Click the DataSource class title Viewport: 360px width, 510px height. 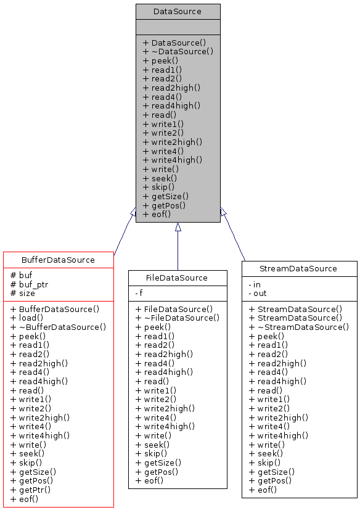pyautogui.click(x=178, y=11)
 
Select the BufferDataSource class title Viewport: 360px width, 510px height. pyautogui.click(x=58, y=260)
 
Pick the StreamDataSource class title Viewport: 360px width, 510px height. pyautogui.click(x=299, y=268)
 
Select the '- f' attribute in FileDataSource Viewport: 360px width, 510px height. pyautogui.click(x=140, y=294)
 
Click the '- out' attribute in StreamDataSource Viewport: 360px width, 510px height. pyautogui.click(x=257, y=294)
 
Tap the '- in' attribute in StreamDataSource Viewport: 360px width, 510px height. pyautogui.click(x=255, y=285)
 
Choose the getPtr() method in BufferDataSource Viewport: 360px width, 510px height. pyautogui.click(x=31, y=489)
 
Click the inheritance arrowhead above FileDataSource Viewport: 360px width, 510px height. pyautogui.click(x=178, y=227)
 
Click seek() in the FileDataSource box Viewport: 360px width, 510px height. pyautogui.click(x=150, y=444)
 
